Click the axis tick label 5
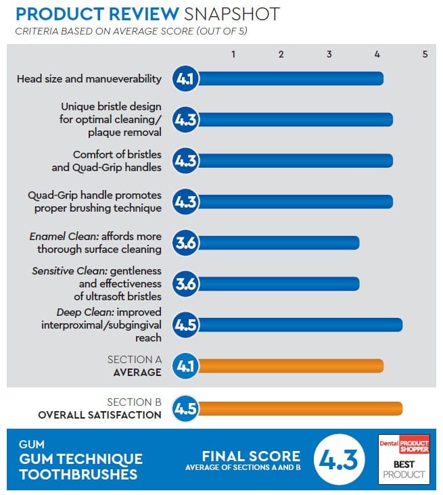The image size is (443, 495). click(x=425, y=54)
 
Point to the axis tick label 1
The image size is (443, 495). click(x=233, y=54)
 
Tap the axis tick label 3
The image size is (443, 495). click(x=329, y=54)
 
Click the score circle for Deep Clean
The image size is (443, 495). click(x=185, y=325)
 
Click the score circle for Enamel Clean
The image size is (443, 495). click(x=185, y=243)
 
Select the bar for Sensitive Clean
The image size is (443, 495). click(x=277, y=284)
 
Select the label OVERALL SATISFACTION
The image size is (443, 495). click(x=99, y=415)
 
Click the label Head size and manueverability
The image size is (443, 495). click(x=89, y=79)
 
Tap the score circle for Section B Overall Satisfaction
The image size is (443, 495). click(x=185, y=408)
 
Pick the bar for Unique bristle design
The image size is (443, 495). click(x=294, y=120)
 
